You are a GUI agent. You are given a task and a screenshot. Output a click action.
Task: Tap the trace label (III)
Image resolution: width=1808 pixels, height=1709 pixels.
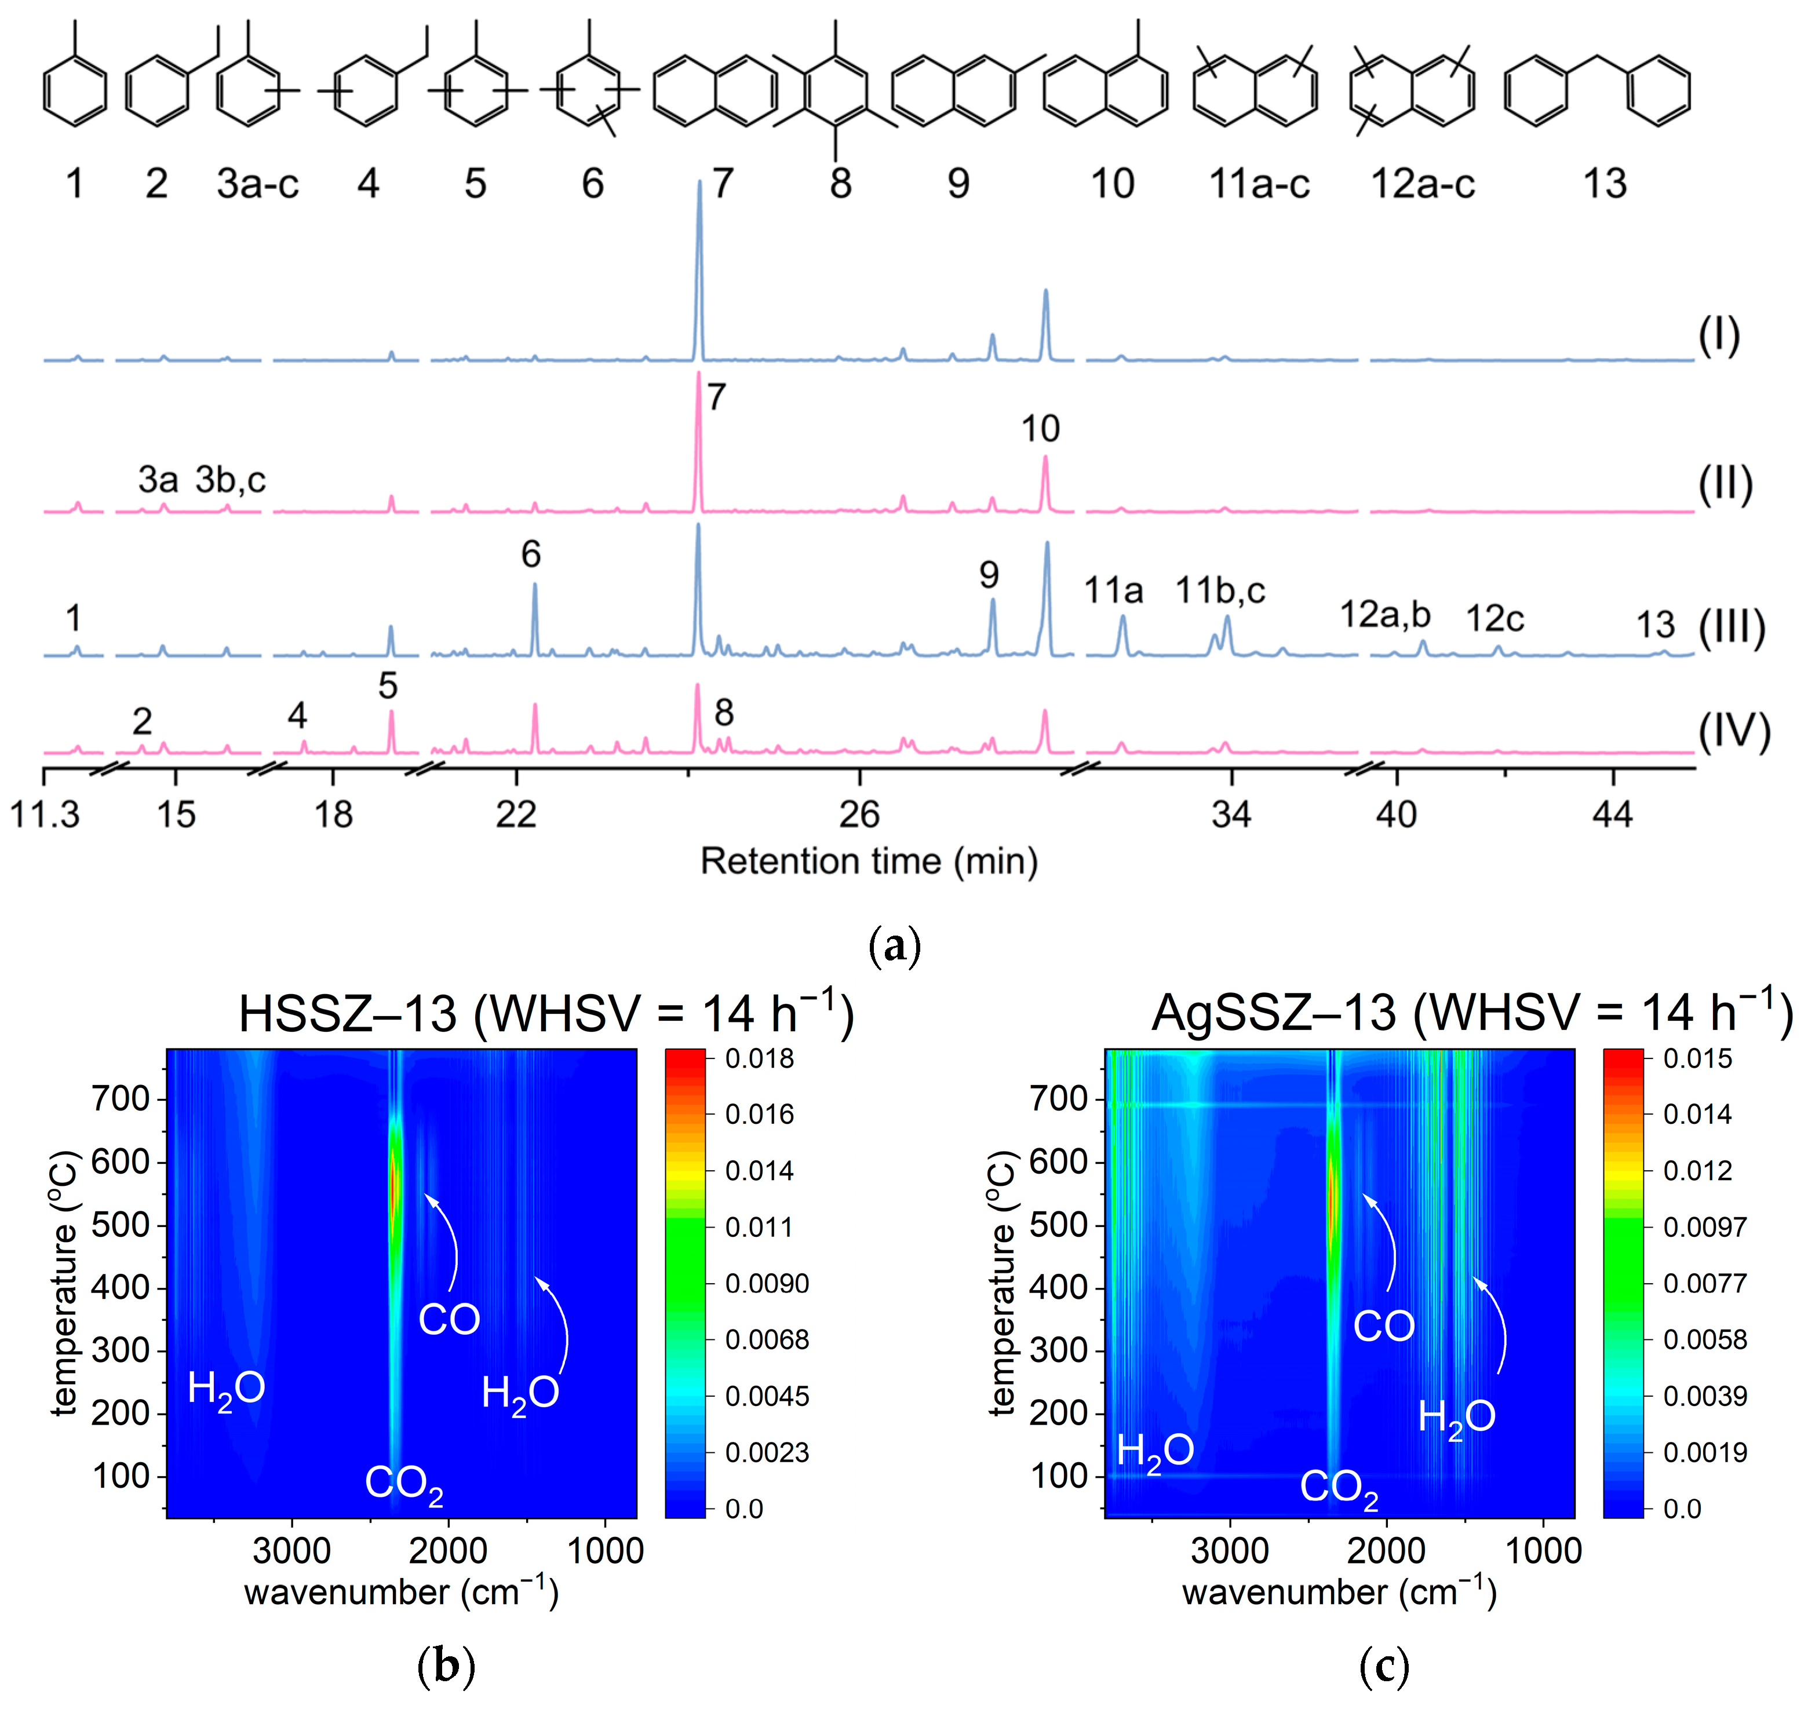tap(1732, 627)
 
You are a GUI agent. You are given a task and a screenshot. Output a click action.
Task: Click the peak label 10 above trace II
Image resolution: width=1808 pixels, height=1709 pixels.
tap(1040, 429)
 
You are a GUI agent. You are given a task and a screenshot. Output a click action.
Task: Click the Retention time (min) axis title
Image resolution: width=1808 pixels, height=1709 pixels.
tap(869, 861)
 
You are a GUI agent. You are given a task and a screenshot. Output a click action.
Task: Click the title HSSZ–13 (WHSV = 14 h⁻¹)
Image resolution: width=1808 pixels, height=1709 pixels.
tap(545, 1013)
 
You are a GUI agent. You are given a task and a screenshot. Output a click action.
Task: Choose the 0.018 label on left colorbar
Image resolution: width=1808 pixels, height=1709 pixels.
tap(759, 1058)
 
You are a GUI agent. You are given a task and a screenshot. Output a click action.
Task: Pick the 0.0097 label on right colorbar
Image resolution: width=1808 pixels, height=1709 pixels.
tap(1704, 1227)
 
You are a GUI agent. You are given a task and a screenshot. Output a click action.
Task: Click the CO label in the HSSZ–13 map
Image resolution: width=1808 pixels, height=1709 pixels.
tap(449, 1319)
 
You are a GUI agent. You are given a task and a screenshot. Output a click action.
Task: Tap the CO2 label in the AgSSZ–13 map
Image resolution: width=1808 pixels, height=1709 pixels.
tap(1338, 1488)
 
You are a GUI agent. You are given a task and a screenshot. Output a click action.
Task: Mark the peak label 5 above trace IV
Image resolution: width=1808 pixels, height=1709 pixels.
tap(388, 686)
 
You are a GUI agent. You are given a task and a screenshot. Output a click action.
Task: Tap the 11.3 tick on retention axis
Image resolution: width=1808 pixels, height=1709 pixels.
tap(45, 813)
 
